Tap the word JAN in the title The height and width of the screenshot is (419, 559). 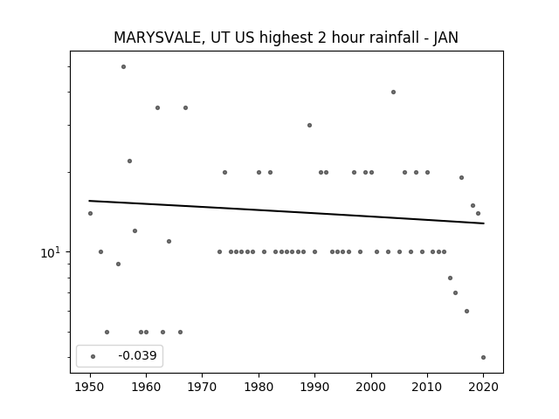coord(445,38)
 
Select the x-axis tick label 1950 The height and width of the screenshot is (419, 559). coord(90,387)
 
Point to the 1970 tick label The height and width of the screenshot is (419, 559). coord(202,387)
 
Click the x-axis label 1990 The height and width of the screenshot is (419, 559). coord(314,387)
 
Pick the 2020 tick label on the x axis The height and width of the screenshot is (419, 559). coord(483,387)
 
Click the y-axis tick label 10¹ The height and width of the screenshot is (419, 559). coord(51,252)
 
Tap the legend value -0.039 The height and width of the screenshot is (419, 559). coord(137,355)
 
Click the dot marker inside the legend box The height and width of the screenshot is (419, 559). coord(93,356)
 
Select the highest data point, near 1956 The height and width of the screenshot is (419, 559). coord(123,66)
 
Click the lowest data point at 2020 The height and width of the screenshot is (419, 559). coord(483,357)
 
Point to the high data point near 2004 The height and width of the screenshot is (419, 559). coord(393,92)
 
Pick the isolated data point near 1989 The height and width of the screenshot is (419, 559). coord(309,125)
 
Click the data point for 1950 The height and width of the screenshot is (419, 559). coord(90,213)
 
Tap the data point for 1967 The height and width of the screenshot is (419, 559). coord(185,107)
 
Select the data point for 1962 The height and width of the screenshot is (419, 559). coord(157,107)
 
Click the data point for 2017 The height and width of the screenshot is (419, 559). coord(466,311)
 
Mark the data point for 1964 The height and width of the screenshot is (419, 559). coord(169,241)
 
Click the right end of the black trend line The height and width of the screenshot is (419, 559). coord(484,223)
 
